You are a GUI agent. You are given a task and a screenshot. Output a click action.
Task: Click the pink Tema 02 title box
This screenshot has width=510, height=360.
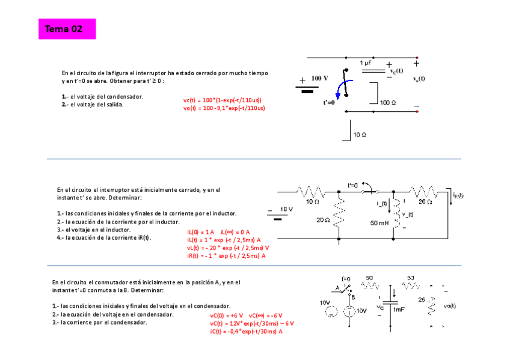click(x=67, y=29)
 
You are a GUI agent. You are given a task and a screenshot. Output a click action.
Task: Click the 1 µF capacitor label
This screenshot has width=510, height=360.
click(x=366, y=63)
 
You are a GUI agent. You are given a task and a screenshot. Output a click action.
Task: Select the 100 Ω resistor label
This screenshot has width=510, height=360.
click(x=388, y=102)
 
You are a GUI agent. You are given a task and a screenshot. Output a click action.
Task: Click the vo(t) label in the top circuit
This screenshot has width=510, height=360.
click(x=419, y=79)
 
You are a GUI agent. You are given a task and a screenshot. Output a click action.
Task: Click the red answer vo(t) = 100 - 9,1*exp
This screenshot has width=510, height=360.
click(x=224, y=108)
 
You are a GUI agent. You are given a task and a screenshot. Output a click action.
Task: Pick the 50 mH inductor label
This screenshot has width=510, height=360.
click(x=379, y=223)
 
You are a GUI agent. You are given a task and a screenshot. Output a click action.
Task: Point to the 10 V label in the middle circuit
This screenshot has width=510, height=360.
click(x=286, y=209)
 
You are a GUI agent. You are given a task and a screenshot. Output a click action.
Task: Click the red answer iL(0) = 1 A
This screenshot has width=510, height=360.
click(x=200, y=232)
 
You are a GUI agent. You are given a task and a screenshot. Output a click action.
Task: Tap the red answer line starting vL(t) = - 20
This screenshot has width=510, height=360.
click(x=227, y=248)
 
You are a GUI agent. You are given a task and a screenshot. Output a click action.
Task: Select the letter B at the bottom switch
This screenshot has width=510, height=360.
click(x=352, y=297)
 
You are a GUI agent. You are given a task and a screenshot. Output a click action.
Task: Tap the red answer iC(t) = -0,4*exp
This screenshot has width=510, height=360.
click(x=246, y=331)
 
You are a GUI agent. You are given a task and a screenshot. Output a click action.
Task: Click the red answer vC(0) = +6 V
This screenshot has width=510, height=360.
click(x=226, y=315)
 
